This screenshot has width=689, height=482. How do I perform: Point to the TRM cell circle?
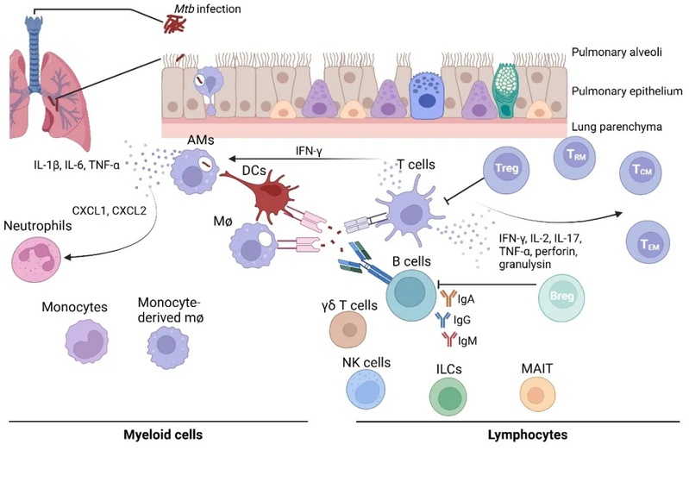[x=574, y=156]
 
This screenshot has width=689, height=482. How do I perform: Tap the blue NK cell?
[x=366, y=391]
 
